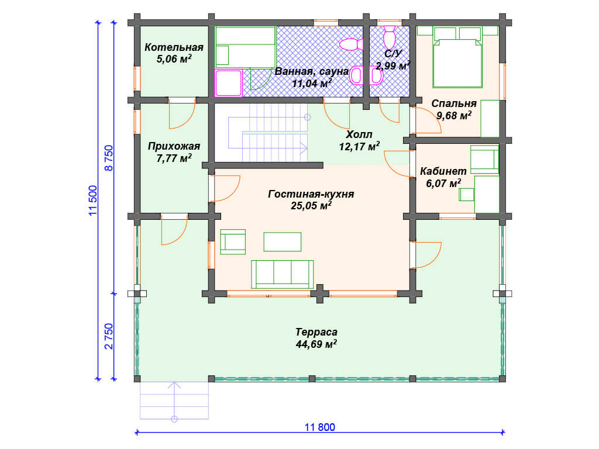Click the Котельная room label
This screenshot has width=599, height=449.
coord(174,47)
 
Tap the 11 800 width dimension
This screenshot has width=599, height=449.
coord(320,427)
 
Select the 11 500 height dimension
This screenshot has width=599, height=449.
coord(93,201)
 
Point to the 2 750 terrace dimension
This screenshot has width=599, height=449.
coord(109,336)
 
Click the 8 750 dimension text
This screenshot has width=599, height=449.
coord(109,158)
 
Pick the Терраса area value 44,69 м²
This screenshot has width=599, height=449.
coord(316,344)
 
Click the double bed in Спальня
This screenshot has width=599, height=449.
coord(457,57)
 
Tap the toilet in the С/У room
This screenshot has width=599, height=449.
coord(389,37)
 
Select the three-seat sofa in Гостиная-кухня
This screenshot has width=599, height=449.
coord(283,274)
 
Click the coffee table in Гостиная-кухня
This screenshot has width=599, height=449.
coord(283,241)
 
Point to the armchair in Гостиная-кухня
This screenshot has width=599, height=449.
coord(233,241)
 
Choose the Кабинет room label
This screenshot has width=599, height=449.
coord(443,171)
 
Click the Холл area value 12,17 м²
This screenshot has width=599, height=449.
coord(360,146)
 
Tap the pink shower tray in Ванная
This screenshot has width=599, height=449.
coord(229,82)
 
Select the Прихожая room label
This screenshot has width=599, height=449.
coord(174,146)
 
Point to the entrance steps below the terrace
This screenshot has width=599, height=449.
coord(174,400)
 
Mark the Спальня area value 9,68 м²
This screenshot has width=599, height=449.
coord(454,115)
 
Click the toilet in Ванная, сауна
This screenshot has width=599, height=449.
coord(352,44)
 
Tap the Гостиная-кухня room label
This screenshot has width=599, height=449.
coord(311,194)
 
